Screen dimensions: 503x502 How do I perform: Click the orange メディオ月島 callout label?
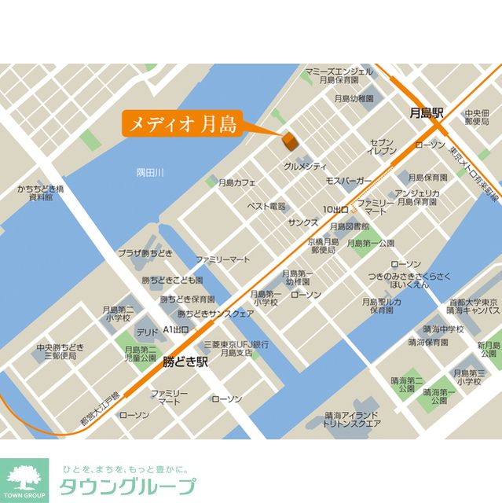[x=180, y=124]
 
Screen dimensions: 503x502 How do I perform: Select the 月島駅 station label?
[x=427, y=113]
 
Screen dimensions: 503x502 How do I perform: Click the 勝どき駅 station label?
[x=185, y=363]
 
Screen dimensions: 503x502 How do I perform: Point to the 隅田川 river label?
[x=148, y=172]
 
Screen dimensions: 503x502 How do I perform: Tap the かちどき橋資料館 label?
[x=40, y=193]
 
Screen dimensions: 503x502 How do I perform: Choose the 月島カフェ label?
[x=238, y=182]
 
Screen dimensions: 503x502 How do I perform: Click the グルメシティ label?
[x=305, y=167]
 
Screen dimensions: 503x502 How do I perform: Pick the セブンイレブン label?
[x=383, y=146]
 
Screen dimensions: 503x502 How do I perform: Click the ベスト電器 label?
[x=266, y=206]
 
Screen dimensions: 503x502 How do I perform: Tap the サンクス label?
[x=302, y=222]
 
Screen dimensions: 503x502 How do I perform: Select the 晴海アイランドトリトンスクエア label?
[x=353, y=420]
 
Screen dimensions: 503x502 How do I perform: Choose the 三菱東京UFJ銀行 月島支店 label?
[x=236, y=349]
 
